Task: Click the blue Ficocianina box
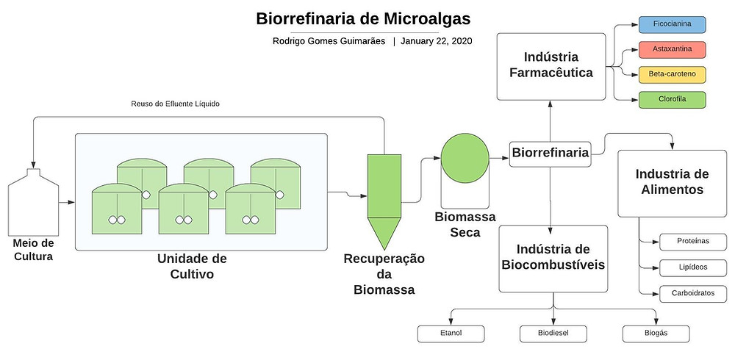click(672, 24)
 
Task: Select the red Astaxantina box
click(672, 49)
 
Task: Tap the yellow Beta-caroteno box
click(672, 74)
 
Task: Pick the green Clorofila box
click(672, 100)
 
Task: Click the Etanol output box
click(451, 334)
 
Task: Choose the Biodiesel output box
click(553, 334)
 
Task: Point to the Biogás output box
click(656, 334)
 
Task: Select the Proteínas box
click(693, 242)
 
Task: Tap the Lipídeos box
click(693, 267)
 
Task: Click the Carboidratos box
click(693, 293)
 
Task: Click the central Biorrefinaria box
click(551, 154)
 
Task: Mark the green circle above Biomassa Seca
click(465, 158)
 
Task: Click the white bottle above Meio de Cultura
click(33, 202)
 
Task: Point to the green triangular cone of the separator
click(384, 231)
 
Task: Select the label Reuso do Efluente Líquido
click(176, 104)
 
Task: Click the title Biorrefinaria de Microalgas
click(363, 19)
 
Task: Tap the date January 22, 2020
click(436, 41)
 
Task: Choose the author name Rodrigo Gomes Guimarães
click(329, 41)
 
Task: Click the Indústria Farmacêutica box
click(551, 67)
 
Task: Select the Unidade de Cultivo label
click(192, 266)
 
